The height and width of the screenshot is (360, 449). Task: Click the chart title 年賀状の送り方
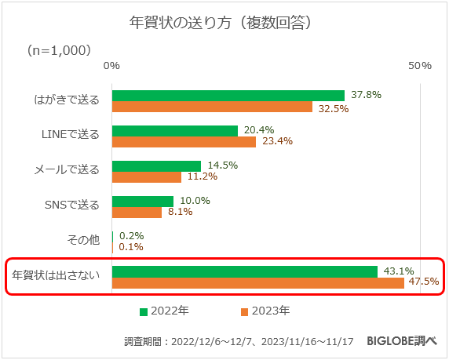coord(223,22)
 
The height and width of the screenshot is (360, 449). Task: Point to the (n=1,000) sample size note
coord(59,50)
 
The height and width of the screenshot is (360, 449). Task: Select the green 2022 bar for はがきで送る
coord(228,96)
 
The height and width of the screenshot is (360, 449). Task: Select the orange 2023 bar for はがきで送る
coord(212,107)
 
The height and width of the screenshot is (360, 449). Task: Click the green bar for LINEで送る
coord(174,131)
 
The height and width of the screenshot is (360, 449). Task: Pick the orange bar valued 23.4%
coord(184,142)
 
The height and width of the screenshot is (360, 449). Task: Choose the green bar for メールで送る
coord(156,165)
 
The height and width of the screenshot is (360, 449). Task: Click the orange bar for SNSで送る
coord(137,212)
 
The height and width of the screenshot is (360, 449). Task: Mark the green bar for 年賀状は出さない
coord(244,271)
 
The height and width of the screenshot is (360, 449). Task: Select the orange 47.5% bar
coord(257,282)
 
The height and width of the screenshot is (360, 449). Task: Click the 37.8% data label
coord(366,95)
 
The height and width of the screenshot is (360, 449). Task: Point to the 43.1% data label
coord(398,271)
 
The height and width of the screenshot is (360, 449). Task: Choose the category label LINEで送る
coord(70,135)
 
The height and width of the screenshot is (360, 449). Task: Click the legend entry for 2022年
coord(164,311)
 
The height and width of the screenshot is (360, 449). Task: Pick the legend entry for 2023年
coord(265,311)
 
